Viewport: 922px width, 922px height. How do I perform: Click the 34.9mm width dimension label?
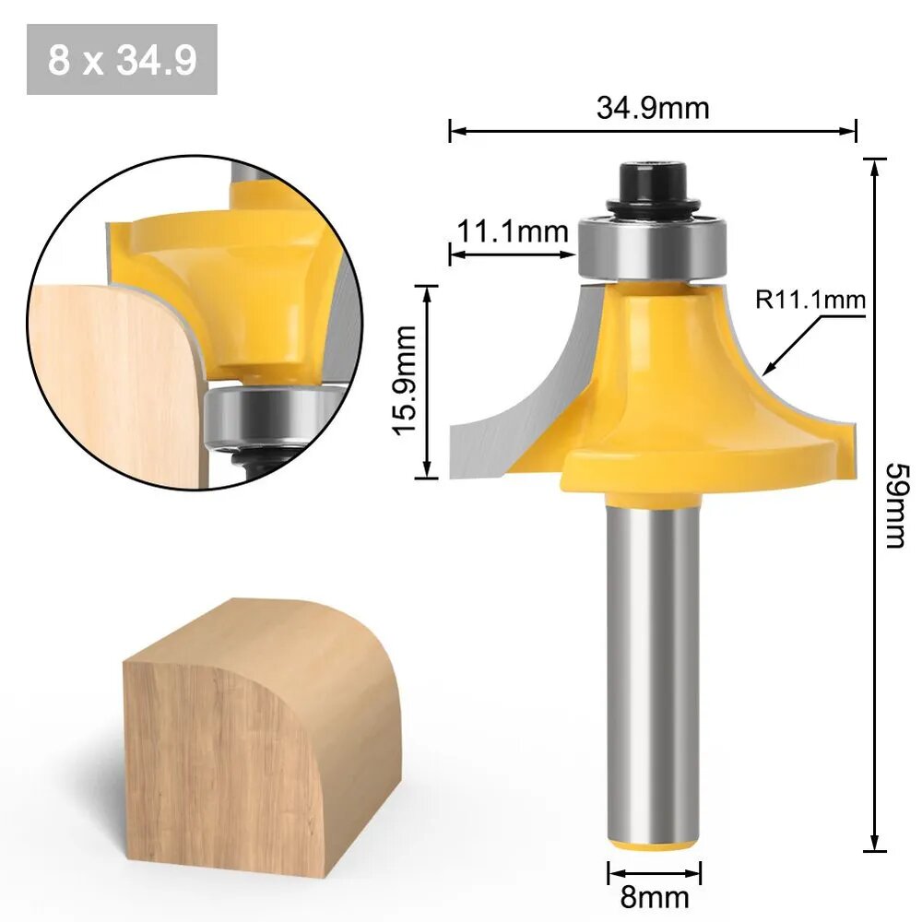[653, 108]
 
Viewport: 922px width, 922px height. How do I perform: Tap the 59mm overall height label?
[897, 505]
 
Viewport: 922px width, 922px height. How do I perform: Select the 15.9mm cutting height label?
[405, 381]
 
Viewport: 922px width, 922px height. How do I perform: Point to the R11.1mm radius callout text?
[810, 300]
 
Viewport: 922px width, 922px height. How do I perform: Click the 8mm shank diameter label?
[655, 897]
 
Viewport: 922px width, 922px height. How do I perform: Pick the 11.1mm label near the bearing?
[513, 231]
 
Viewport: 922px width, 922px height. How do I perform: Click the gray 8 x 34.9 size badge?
[123, 59]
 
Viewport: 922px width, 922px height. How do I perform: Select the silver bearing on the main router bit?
[653, 249]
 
